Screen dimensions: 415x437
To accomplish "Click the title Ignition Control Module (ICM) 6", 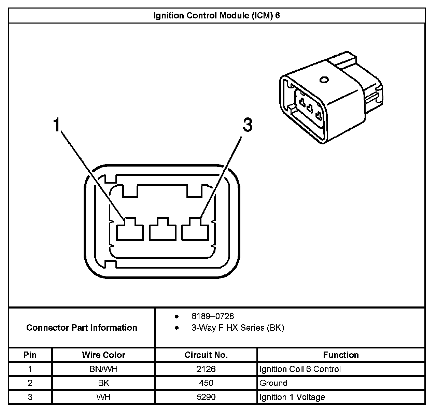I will coord(216,16).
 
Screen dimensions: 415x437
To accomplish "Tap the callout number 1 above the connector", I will coord(57,125).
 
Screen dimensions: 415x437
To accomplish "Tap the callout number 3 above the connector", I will coord(248,125).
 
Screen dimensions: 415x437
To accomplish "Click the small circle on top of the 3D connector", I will coord(324,81).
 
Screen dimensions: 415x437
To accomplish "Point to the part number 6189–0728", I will coord(212,316).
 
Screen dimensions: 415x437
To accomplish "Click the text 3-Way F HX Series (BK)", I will coord(238,328).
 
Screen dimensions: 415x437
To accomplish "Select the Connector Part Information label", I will coord(82,328).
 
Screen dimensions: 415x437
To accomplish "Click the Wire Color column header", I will coord(103,355).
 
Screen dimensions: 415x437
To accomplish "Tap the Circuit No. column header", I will coord(206,355).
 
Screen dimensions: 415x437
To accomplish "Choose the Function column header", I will coord(341,355).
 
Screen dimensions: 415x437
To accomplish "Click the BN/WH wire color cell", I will coord(103,369).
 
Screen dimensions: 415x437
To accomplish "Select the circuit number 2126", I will coord(206,369).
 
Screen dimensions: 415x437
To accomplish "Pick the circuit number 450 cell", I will coord(206,383).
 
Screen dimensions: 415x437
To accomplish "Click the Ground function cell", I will coord(273,383).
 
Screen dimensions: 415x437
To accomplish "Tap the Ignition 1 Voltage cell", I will coord(292,397).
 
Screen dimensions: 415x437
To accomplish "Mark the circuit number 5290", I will coord(206,397).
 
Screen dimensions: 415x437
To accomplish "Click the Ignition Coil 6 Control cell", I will coord(300,369).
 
